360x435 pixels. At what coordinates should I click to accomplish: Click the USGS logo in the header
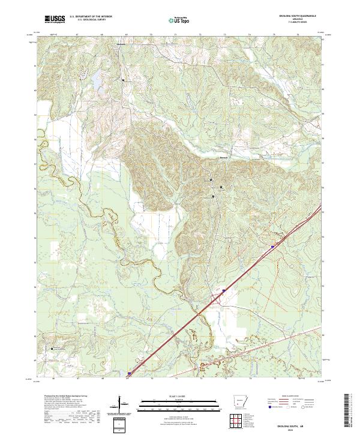tap(55, 20)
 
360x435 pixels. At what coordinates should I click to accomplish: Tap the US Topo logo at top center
tap(179, 20)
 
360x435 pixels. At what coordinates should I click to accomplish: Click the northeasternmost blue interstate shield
tap(273, 246)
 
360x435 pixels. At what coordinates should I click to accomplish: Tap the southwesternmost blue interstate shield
tap(128, 373)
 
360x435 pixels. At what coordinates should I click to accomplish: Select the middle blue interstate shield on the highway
tap(224, 290)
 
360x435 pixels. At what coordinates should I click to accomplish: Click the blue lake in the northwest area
tap(95, 77)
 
